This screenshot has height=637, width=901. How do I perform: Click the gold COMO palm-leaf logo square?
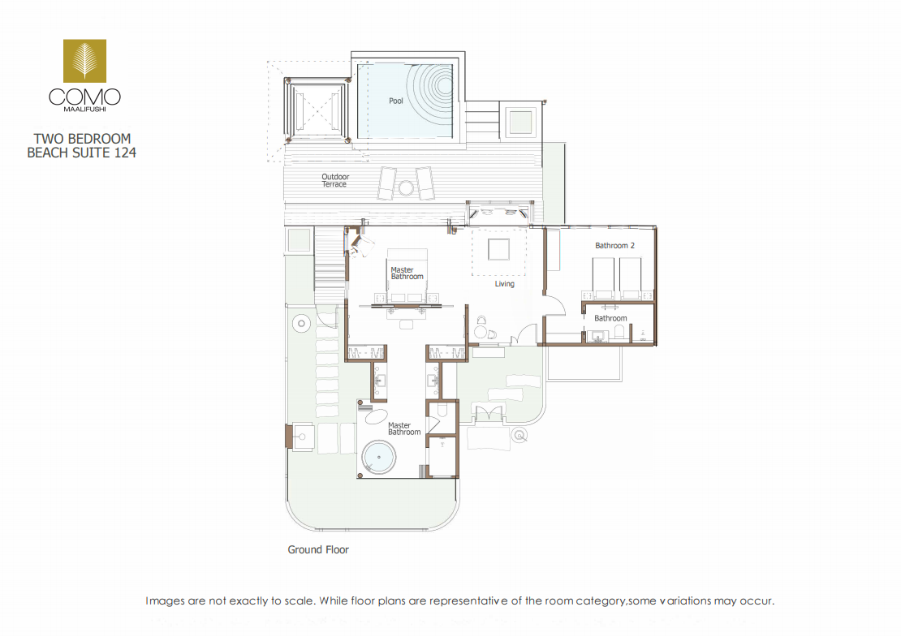click(84, 61)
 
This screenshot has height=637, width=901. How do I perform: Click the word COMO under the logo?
click(84, 97)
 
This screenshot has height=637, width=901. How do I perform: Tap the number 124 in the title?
click(125, 153)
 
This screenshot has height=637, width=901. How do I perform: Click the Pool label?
click(396, 101)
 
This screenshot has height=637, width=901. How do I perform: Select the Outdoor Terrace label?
click(335, 180)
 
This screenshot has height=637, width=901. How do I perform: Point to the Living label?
click(505, 284)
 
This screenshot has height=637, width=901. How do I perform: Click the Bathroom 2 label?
click(614, 245)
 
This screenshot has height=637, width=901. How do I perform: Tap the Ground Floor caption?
click(318, 549)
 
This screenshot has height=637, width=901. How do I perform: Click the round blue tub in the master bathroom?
click(379, 457)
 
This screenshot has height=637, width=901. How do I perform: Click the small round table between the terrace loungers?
click(406, 187)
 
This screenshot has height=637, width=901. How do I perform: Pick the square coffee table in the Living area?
click(498, 249)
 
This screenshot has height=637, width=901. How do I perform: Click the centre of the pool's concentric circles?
click(445, 85)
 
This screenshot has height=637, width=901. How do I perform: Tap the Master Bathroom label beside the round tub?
click(404, 429)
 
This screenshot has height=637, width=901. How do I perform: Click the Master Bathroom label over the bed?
click(407, 273)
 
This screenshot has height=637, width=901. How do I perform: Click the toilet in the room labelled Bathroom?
click(619, 331)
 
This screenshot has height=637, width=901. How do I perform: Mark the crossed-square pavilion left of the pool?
click(317, 110)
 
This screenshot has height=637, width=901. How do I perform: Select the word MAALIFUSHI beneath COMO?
click(84, 109)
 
